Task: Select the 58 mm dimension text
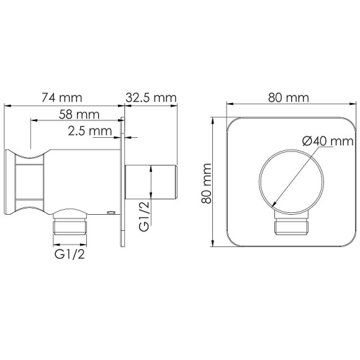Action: point(79,114)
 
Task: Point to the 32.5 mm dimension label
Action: point(151,97)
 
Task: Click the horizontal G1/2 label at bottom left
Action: point(69,254)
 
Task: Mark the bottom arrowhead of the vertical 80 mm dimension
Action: point(214,245)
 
